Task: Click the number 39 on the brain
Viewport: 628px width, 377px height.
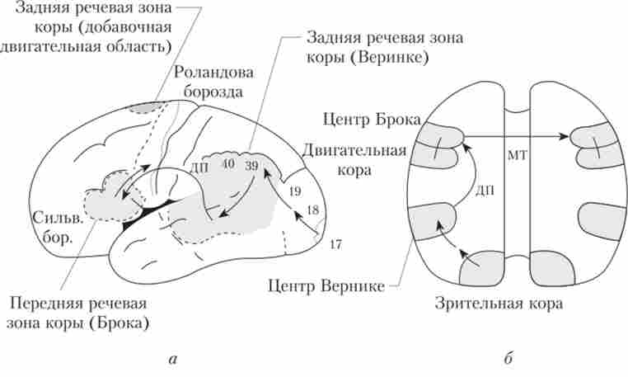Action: click(251, 166)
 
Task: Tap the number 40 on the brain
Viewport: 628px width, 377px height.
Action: click(228, 164)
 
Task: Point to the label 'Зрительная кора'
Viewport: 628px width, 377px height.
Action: click(499, 303)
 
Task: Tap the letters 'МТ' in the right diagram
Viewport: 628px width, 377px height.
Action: click(517, 154)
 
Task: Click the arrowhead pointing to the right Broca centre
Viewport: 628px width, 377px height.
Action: click(570, 136)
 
